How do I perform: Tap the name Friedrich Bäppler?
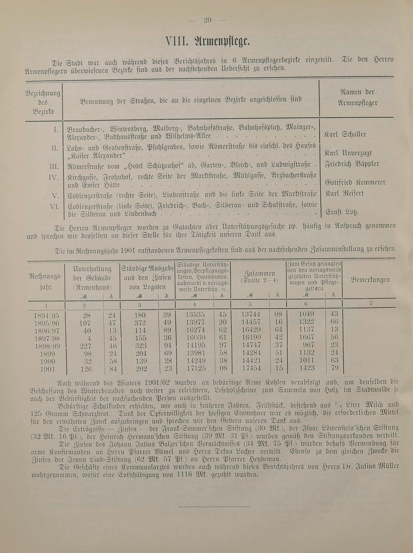click(352, 164)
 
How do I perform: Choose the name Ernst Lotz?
click(342, 212)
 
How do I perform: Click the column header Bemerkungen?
click(370, 280)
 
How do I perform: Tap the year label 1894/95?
click(47, 315)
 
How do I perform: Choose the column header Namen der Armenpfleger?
click(357, 97)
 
